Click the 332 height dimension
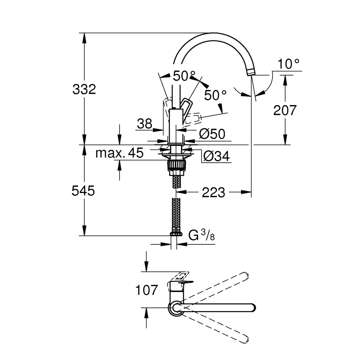(x=84, y=89)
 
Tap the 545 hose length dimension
(x=83, y=191)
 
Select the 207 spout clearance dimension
(x=285, y=111)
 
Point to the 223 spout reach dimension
(x=213, y=192)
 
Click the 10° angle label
(x=289, y=64)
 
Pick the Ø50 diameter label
(x=212, y=134)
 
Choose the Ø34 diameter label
(x=216, y=157)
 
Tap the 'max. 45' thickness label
(x=120, y=153)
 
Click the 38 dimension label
(x=145, y=124)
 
